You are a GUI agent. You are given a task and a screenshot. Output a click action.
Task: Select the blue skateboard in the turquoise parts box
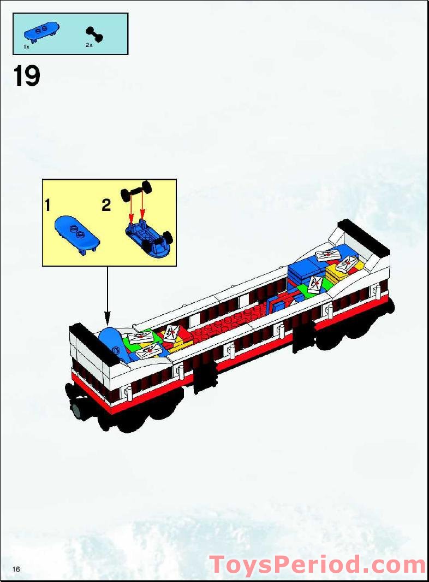point(41,32)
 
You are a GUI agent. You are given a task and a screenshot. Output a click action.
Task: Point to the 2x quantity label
point(89,46)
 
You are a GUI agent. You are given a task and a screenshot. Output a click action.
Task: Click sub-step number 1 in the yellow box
point(48,205)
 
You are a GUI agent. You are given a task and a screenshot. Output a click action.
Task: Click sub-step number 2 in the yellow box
point(106,205)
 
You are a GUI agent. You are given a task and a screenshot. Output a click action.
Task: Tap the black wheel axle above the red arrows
point(140,191)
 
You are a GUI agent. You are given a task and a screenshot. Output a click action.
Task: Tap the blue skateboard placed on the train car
point(113,342)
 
